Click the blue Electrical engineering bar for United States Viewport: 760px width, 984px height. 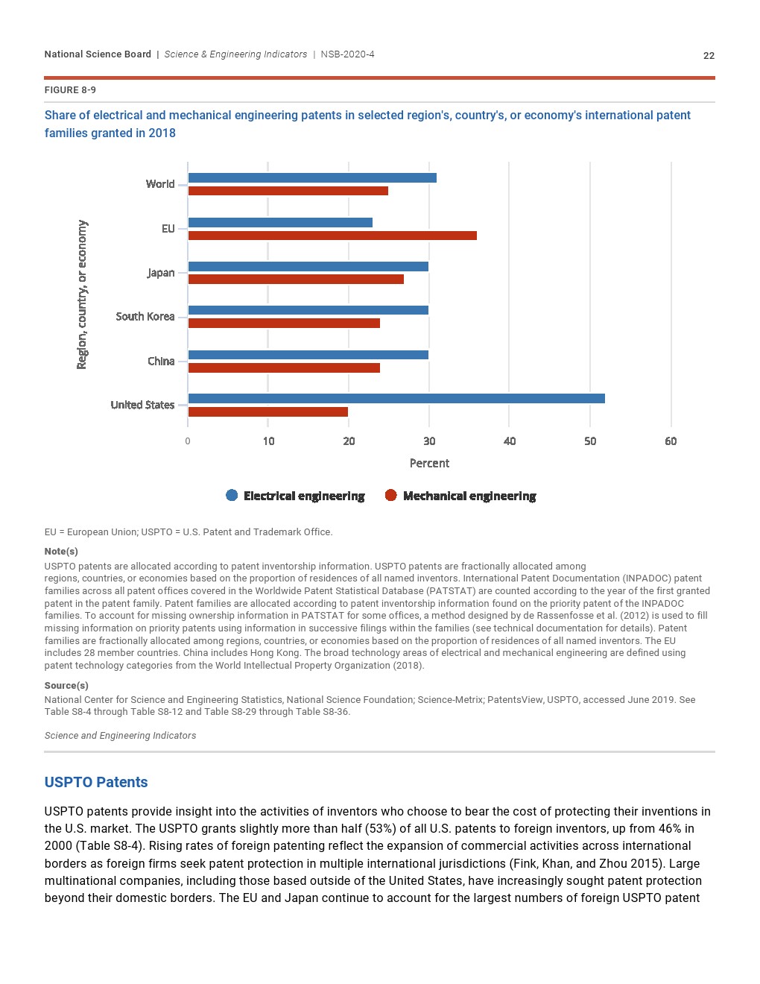pyautogui.click(x=396, y=399)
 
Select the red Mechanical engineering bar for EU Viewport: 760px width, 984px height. pyautogui.click(x=332, y=236)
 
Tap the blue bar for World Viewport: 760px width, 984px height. pyautogui.click(x=312, y=177)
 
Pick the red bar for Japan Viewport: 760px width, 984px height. pyautogui.click(x=296, y=280)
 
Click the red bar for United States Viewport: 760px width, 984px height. pyautogui.click(x=267, y=411)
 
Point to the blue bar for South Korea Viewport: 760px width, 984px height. pyautogui.click(x=308, y=310)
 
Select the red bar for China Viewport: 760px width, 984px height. pyautogui.click(x=284, y=368)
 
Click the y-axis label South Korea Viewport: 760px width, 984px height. pyautogui.click(x=145, y=317)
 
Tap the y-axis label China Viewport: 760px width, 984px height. pyautogui.click(x=161, y=361)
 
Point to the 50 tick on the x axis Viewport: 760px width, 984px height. pyautogui.click(x=590, y=441)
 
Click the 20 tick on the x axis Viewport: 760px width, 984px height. pyautogui.click(x=349, y=441)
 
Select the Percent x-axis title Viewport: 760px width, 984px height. pyautogui.click(x=429, y=463)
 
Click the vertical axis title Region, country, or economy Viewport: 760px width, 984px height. pyautogui.click(x=82, y=294)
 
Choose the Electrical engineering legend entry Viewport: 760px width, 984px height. pyautogui.click(x=296, y=496)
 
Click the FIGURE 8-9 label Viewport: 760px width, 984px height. pyautogui.click(x=70, y=90)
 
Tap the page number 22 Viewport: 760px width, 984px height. pyautogui.click(x=709, y=55)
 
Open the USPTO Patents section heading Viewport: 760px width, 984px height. pyautogui.click(x=96, y=782)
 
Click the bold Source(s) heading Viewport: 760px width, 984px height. pyautogui.click(x=66, y=685)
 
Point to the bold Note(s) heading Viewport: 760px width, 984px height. pyautogui.click(x=61, y=551)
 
